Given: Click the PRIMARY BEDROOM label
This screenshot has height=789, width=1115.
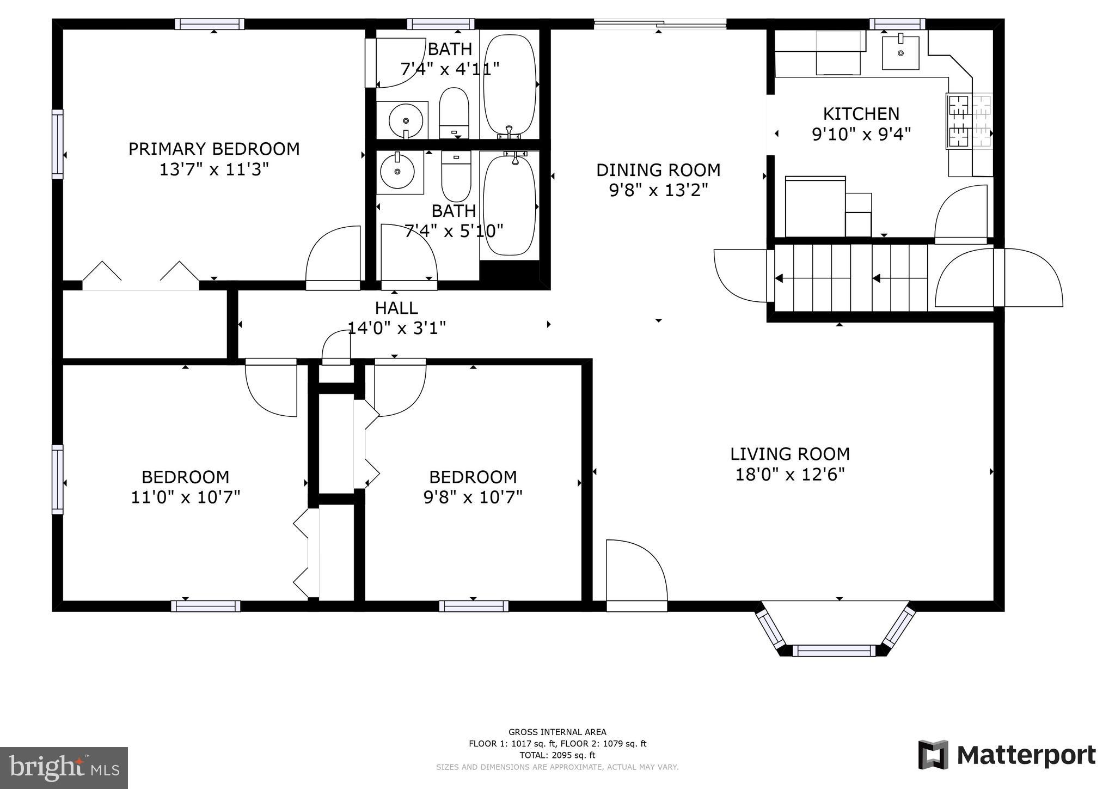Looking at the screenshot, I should pyautogui.click(x=213, y=149).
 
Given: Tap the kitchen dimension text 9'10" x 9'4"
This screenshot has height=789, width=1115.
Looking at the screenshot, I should pyautogui.click(x=861, y=134).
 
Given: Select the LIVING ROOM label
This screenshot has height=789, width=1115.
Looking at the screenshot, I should pyautogui.click(x=789, y=454).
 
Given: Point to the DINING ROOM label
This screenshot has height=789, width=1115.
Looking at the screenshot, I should pyautogui.click(x=658, y=170).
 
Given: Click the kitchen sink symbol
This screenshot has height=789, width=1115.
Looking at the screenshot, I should pyautogui.click(x=900, y=53).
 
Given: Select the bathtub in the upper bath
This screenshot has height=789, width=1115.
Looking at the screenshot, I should pyautogui.click(x=510, y=84).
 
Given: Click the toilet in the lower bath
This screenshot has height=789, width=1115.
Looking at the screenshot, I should pyautogui.click(x=456, y=175).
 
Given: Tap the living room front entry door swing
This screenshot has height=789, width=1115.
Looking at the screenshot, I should pyautogui.click(x=636, y=572).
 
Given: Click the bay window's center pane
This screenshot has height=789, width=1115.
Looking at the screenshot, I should pyautogui.click(x=834, y=650).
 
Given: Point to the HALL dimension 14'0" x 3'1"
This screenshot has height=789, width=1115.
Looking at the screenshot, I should pyautogui.click(x=396, y=328).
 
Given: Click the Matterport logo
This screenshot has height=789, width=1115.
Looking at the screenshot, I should pyautogui.click(x=1007, y=755).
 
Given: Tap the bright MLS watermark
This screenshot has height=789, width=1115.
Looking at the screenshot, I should pyautogui.click(x=64, y=768).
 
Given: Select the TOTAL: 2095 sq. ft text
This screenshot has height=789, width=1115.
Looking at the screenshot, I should pyautogui.click(x=557, y=755).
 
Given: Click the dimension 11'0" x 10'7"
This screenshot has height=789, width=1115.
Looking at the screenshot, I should pyautogui.click(x=185, y=497).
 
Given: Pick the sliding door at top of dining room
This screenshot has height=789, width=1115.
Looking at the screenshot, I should pyautogui.click(x=659, y=23).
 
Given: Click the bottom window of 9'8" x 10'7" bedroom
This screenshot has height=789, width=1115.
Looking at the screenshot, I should pyautogui.click(x=474, y=606).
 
